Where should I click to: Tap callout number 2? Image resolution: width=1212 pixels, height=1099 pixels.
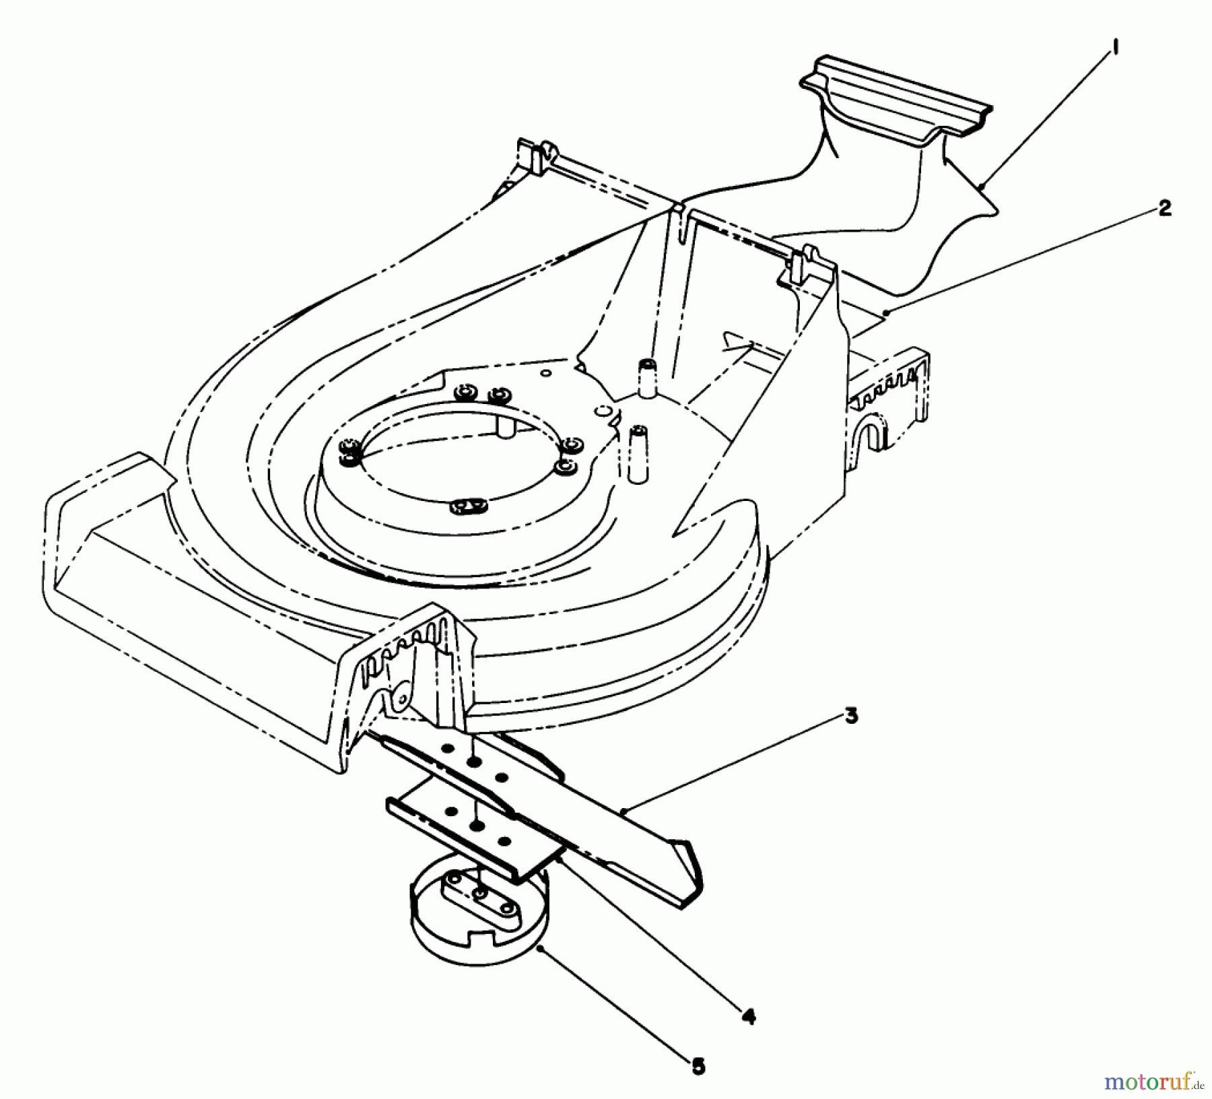click(x=1164, y=209)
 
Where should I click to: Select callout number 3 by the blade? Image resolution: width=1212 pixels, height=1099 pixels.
click(x=851, y=717)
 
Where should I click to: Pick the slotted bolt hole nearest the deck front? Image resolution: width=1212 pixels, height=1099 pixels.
click(x=469, y=504)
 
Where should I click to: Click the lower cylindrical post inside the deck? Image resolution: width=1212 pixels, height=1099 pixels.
click(x=636, y=453)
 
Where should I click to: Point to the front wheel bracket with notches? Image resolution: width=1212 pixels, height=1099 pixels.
click(x=404, y=667)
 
